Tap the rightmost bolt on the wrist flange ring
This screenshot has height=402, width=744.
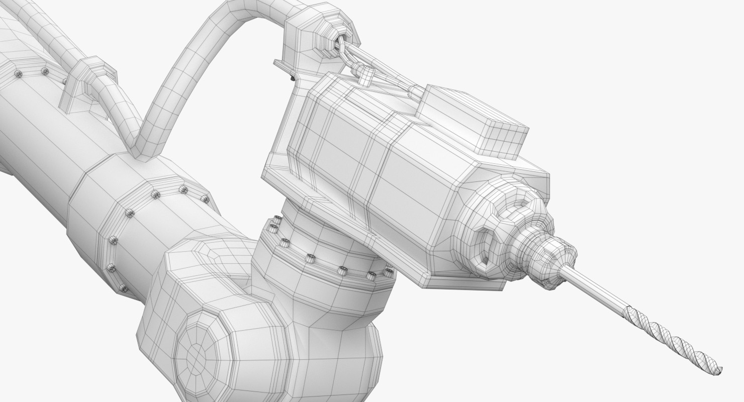tap(388, 272)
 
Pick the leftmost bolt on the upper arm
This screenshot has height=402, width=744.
tap(19, 75)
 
